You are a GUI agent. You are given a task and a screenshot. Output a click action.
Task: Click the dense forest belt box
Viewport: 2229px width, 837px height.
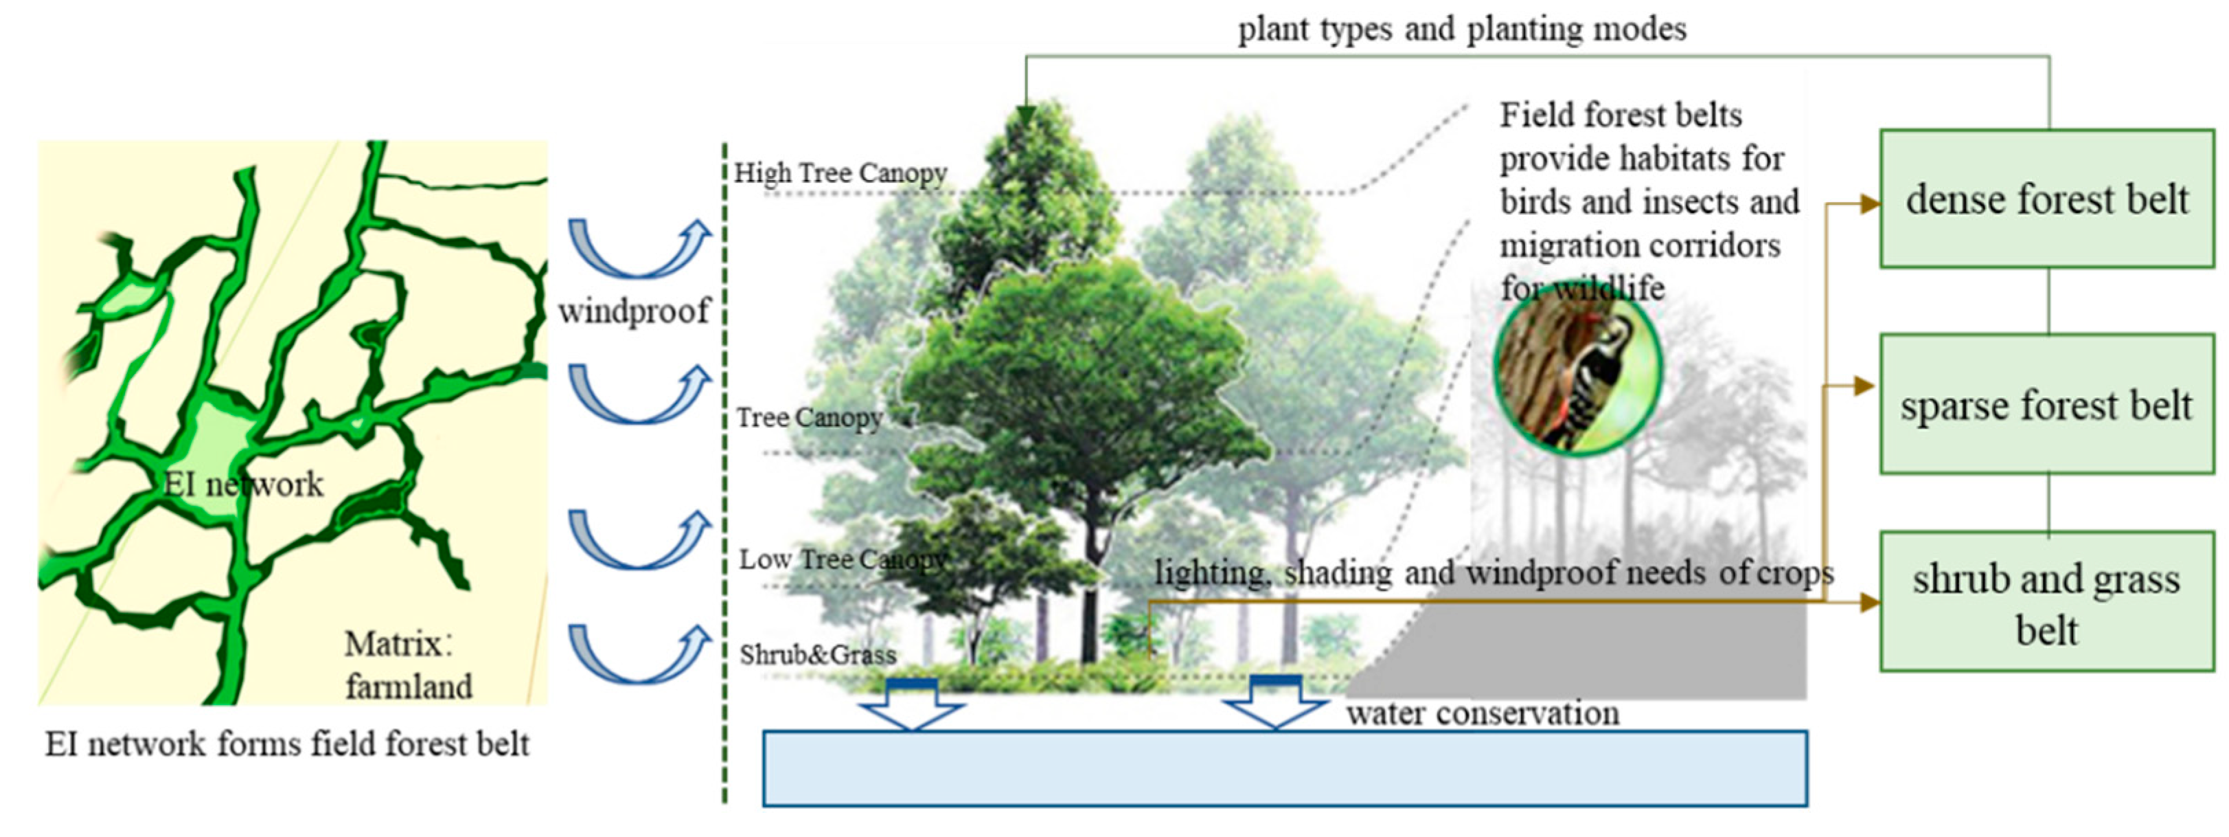(x=2046, y=199)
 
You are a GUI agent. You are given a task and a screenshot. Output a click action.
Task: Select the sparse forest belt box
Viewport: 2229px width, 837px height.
(x=2046, y=404)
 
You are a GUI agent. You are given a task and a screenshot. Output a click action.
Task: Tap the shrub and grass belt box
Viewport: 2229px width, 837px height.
(x=2046, y=603)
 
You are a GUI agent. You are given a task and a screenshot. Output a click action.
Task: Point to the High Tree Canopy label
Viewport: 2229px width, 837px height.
(x=841, y=173)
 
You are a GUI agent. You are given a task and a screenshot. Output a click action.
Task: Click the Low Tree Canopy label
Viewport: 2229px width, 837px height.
(x=843, y=560)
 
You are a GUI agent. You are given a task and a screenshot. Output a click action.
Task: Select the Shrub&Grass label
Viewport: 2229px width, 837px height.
(x=818, y=654)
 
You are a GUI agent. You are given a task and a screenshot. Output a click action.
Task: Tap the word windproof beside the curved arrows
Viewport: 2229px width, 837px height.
(x=635, y=311)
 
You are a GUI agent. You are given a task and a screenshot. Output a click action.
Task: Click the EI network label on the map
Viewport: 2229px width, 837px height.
(x=244, y=484)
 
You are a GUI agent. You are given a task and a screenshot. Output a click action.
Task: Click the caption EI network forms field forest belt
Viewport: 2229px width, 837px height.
(x=286, y=744)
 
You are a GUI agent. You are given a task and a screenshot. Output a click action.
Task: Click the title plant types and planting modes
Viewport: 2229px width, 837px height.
(x=1463, y=30)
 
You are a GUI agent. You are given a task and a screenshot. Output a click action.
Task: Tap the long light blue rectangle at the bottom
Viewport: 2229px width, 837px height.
(x=1284, y=768)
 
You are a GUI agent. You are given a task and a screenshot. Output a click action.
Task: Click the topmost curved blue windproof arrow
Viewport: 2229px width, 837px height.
(x=639, y=249)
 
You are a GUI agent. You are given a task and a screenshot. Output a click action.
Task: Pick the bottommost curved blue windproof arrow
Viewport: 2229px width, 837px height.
(x=639, y=654)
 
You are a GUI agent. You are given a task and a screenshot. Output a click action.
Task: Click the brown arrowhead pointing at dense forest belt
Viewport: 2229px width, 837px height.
(x=1869, y=204)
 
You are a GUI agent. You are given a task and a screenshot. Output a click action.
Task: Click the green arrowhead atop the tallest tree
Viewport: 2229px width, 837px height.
(x=1026, y=116)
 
